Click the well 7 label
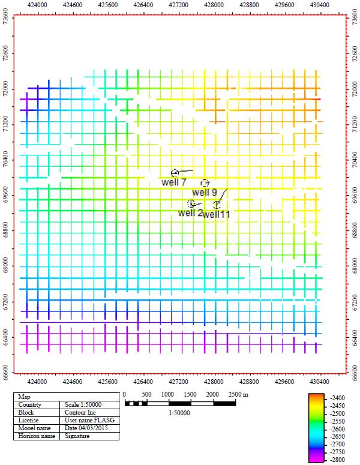pos(175,182)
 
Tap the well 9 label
pos(205,192)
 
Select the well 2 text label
pos(190,212)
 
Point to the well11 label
pos(217,214)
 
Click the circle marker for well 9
pos(205,182)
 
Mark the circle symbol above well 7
pos(175,173)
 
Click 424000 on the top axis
pos(37,4)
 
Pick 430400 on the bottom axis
pos(319,380)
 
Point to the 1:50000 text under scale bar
pos(179,413)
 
